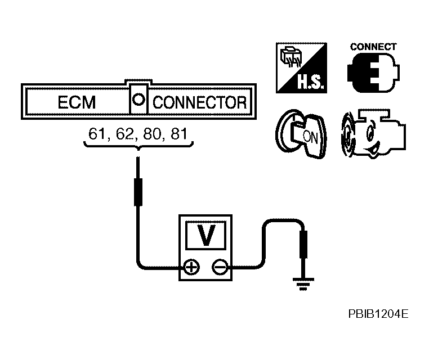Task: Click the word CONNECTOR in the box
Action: coord(200,103)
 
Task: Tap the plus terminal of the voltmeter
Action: coord(191,267)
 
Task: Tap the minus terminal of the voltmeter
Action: coord(220,267)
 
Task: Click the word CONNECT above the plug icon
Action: coord(373,47)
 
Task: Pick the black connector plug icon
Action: coord(373,72)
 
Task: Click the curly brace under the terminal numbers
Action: coord(138,146)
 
